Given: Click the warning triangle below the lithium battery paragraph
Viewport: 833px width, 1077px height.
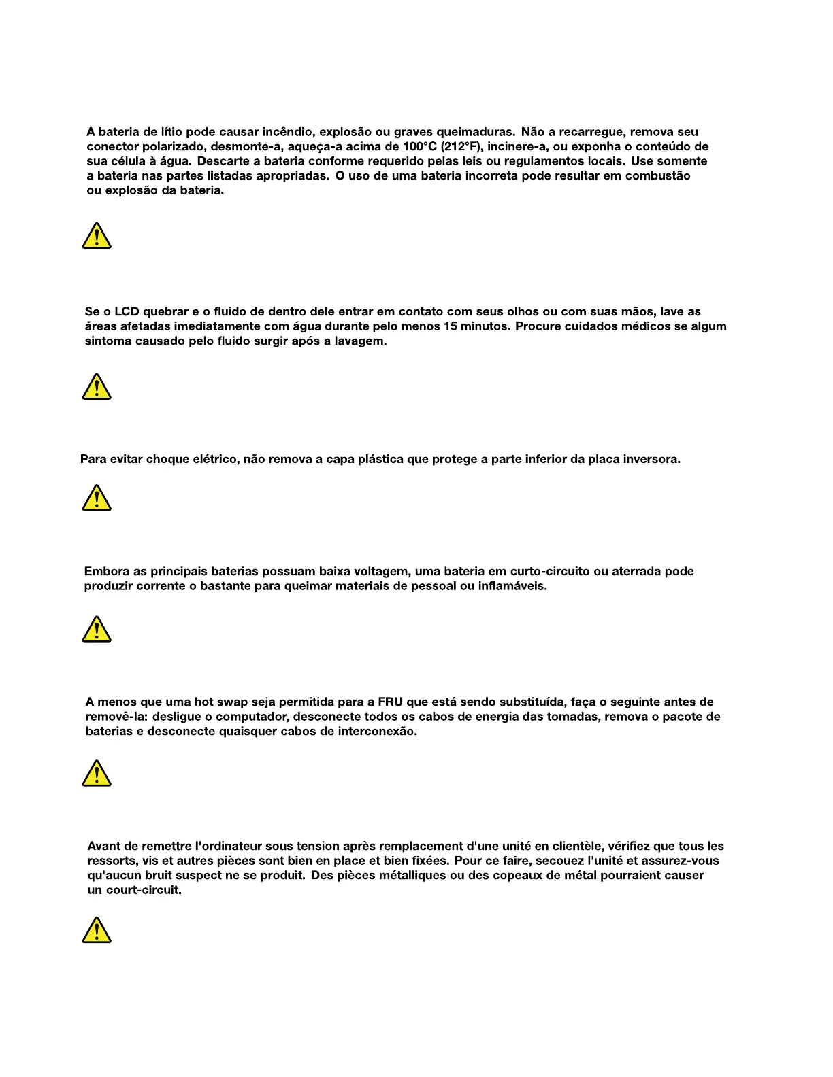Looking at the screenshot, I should [97, 236].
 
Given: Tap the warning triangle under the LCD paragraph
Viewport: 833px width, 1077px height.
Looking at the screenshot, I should [97, 387].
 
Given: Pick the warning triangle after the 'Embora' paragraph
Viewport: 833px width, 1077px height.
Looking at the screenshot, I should [97, 630].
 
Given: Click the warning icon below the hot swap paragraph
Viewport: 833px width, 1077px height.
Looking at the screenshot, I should [97, 774].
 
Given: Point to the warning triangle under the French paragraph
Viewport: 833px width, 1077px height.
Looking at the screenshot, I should [97, 931].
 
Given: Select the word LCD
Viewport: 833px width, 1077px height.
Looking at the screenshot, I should [127, 312].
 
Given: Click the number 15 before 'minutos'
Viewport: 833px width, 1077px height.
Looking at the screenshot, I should [451, 326].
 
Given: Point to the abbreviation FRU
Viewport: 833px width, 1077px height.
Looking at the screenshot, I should [391, 702].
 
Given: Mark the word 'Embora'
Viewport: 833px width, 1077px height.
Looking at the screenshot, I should [105, 572].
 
